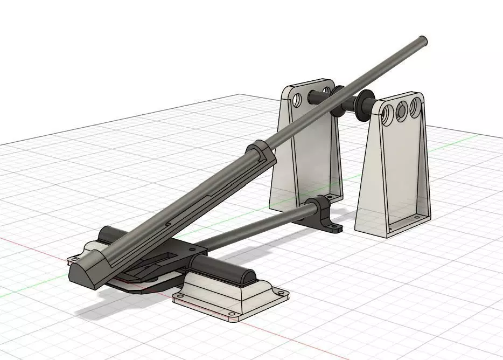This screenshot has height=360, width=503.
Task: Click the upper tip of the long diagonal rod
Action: coord(423,40)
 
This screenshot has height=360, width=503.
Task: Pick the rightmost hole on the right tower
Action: coord(414,107)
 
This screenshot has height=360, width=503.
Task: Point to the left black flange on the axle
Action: coord(339,100)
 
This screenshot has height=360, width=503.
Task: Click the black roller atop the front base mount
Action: coord(223,268)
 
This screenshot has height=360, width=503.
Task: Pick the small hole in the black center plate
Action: coord(190,250)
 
